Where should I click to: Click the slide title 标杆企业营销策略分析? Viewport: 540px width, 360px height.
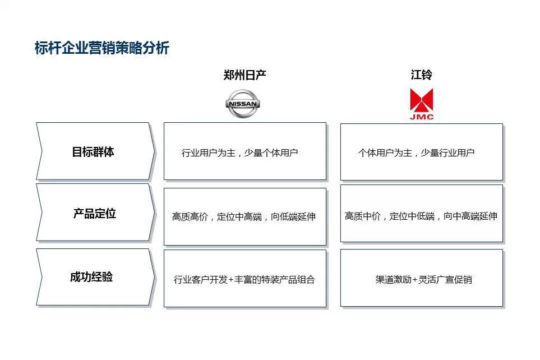[x=102, y=48]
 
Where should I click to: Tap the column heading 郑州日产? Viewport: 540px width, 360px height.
[x=244, y=75]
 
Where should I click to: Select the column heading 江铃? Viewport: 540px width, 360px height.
[x=421, y=75]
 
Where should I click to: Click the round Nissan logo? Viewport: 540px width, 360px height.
[x=243, y=103]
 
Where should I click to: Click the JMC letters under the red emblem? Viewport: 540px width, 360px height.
[x=422, y=117]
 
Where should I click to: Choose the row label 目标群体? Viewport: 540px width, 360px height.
[x=93, y=152]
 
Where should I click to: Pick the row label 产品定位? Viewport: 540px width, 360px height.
[x=94, y=214]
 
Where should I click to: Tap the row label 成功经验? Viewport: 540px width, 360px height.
[x=91, y=277]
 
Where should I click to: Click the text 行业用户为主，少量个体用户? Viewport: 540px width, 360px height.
[x=239, y=153]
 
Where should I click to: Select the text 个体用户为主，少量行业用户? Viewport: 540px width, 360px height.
[x=417, y=153]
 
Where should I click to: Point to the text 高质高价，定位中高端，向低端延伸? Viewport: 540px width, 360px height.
[x=244, y=216]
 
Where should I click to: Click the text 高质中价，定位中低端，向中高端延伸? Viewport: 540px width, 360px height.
[x=421, y=216]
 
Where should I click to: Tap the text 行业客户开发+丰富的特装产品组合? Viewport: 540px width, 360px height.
[x=244, y=279]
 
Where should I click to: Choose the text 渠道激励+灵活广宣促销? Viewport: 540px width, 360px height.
[x=423, y=279]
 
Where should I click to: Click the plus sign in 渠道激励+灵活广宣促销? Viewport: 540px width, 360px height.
[x=414, y=280]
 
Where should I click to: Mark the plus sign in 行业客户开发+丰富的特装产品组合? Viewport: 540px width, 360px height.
[x=230, y=280]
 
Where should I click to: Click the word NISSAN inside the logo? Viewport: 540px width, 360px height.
[x=243, y=104]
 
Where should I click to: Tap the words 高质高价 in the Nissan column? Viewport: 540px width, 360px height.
[x=190, y=216]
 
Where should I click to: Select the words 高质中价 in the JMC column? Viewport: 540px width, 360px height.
[x=363, y=216]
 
